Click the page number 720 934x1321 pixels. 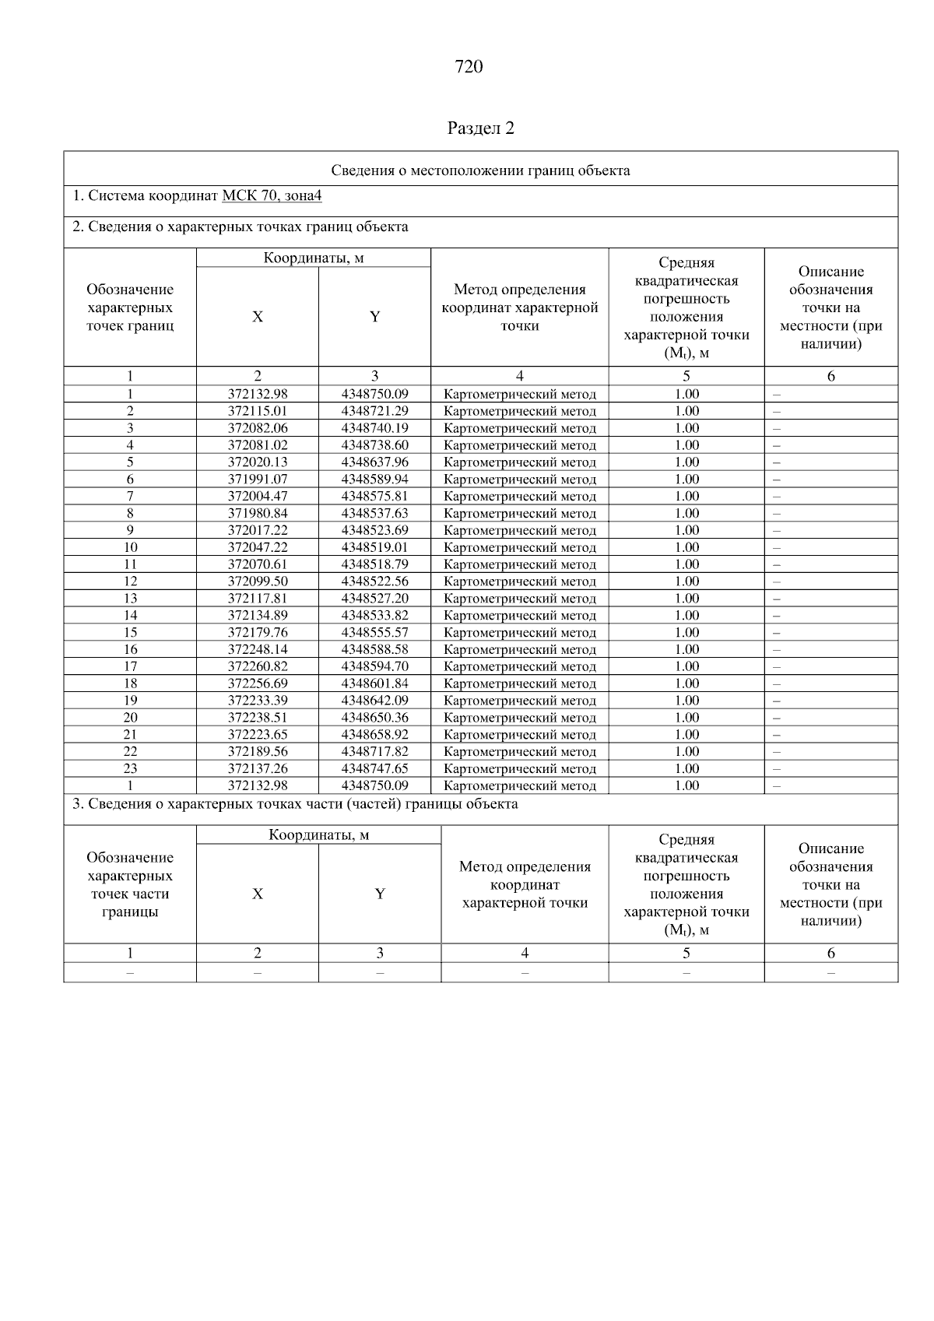click(468, 67)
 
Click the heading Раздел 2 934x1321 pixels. click(481, 128)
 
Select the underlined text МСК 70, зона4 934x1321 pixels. click(272, 195)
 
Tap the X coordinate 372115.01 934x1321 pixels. click(258, 411)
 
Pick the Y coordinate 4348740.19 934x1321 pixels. click(374, 428)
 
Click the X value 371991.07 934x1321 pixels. click(258, 480)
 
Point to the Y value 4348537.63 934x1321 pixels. click(374, 514)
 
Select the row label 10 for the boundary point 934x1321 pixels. click(130, 547)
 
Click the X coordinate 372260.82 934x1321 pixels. click(258, 666)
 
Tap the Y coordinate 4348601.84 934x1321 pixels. click(374, 683)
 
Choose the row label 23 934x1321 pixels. click(130, 769)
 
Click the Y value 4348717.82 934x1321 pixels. click(374, 752)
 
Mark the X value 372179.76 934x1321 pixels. click(258, 633)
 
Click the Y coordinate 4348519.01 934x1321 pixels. click(374, 547)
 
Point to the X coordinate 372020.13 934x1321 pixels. click(258, 462)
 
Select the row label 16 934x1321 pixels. click(130, 649)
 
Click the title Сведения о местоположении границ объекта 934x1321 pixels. click(480, 170)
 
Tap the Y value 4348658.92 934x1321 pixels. click(374, 735)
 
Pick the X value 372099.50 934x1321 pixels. click(258, 581)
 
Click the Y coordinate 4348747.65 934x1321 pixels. click(374, 769)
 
